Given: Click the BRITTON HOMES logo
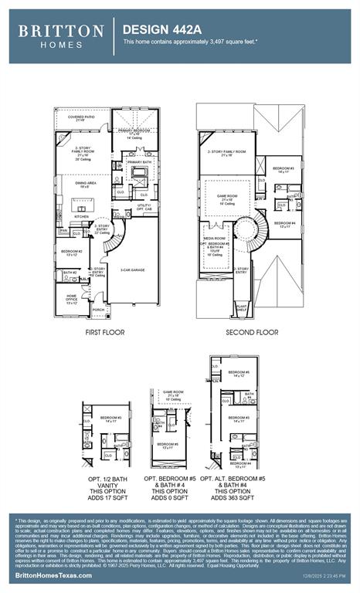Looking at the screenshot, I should pos(61,36).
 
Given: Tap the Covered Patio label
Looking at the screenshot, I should pos(80,118).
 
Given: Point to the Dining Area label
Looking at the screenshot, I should pos(85,185).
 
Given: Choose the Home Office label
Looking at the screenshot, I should pos(71,298).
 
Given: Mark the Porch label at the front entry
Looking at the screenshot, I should pos(98,309).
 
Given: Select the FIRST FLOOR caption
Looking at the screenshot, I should pos(104,332).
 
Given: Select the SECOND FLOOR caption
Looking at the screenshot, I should pos(252,332).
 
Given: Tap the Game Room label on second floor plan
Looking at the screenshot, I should pos(227,197).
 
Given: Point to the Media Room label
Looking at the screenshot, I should pos(215,239).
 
